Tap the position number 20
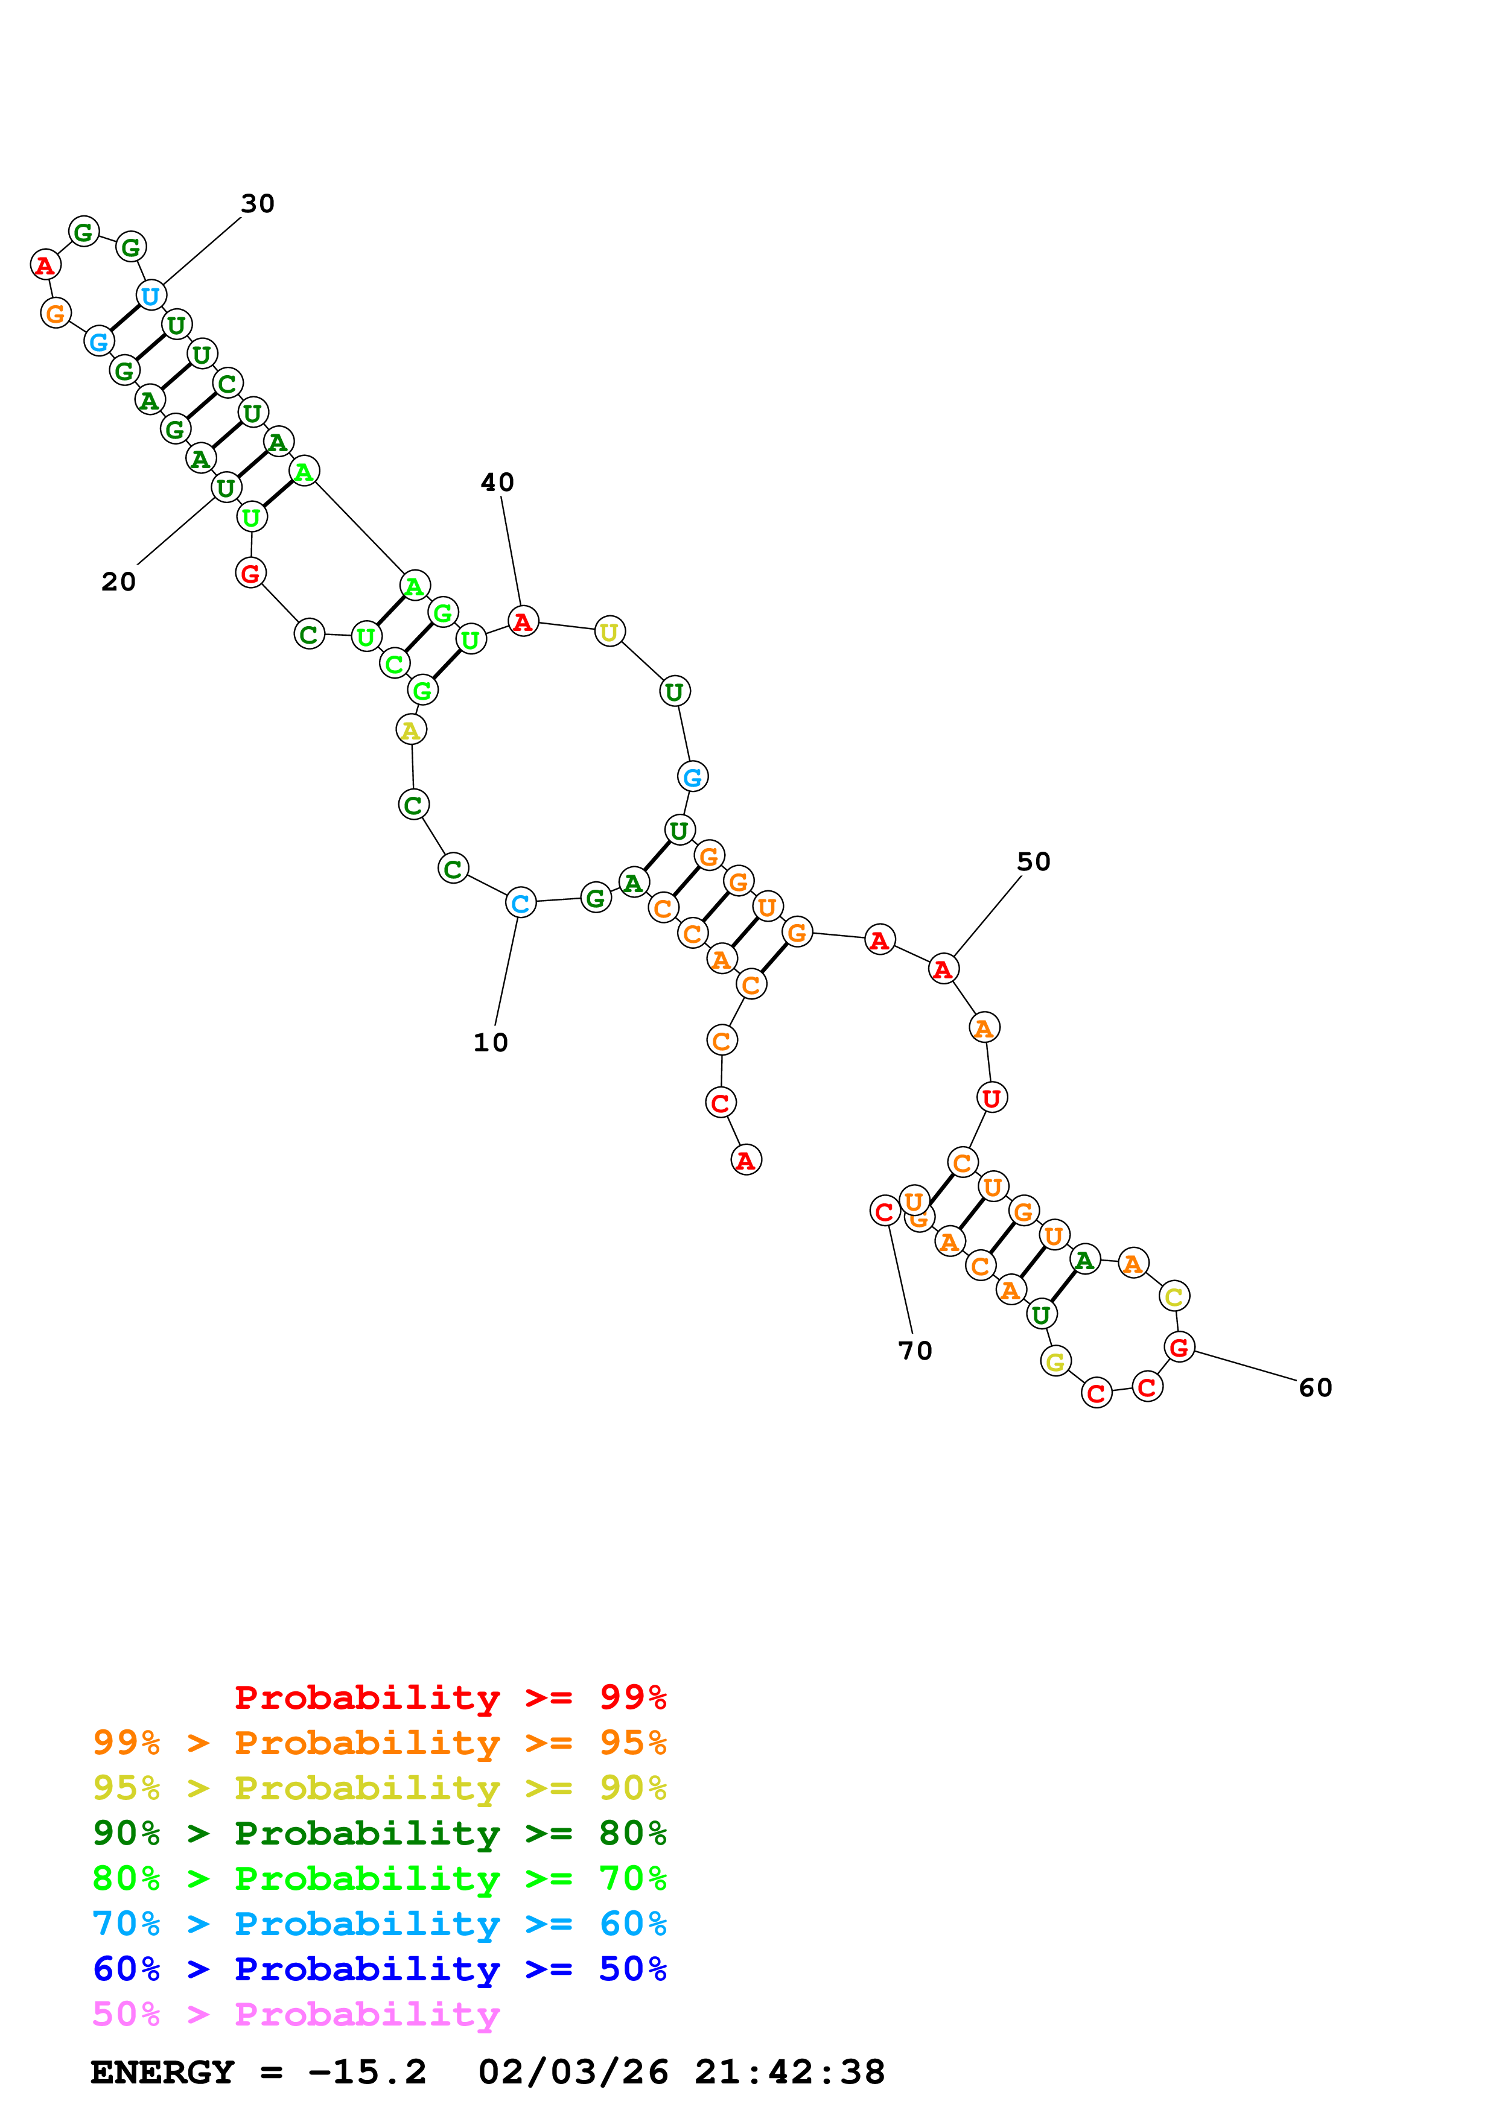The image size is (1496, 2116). pos(118,581)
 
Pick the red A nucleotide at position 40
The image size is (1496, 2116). pos(523,622)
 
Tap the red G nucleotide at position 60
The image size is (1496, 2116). pos(1179,1348)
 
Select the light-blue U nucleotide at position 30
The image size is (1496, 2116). pos(150,296)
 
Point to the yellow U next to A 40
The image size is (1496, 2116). pos(610,632)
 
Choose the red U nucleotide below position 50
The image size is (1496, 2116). pos(991,1098)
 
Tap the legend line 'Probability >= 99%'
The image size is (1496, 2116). pos(450,1697)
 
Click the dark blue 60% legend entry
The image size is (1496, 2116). pos(379,1969)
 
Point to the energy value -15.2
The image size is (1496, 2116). pos(368,2073)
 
